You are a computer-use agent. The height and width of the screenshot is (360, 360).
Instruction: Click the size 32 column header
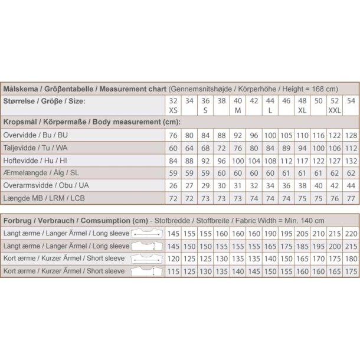tap(173, 102)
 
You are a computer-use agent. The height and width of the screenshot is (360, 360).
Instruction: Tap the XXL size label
tap(334, 110)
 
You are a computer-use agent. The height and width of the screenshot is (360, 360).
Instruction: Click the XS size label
tap(173, 110)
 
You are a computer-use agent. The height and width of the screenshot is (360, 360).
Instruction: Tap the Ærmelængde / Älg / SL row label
tap(41, 172)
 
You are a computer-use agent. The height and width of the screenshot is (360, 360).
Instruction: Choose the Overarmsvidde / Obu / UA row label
tap(47, 185)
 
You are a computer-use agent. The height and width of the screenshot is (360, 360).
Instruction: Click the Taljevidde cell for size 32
tap(173, 148)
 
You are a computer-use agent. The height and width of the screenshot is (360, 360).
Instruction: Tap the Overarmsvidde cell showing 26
tap(173, 185)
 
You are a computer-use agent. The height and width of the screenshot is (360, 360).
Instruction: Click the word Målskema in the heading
tap(21, 88)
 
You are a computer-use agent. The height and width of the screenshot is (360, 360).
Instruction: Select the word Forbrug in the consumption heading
tap(18, 220)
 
